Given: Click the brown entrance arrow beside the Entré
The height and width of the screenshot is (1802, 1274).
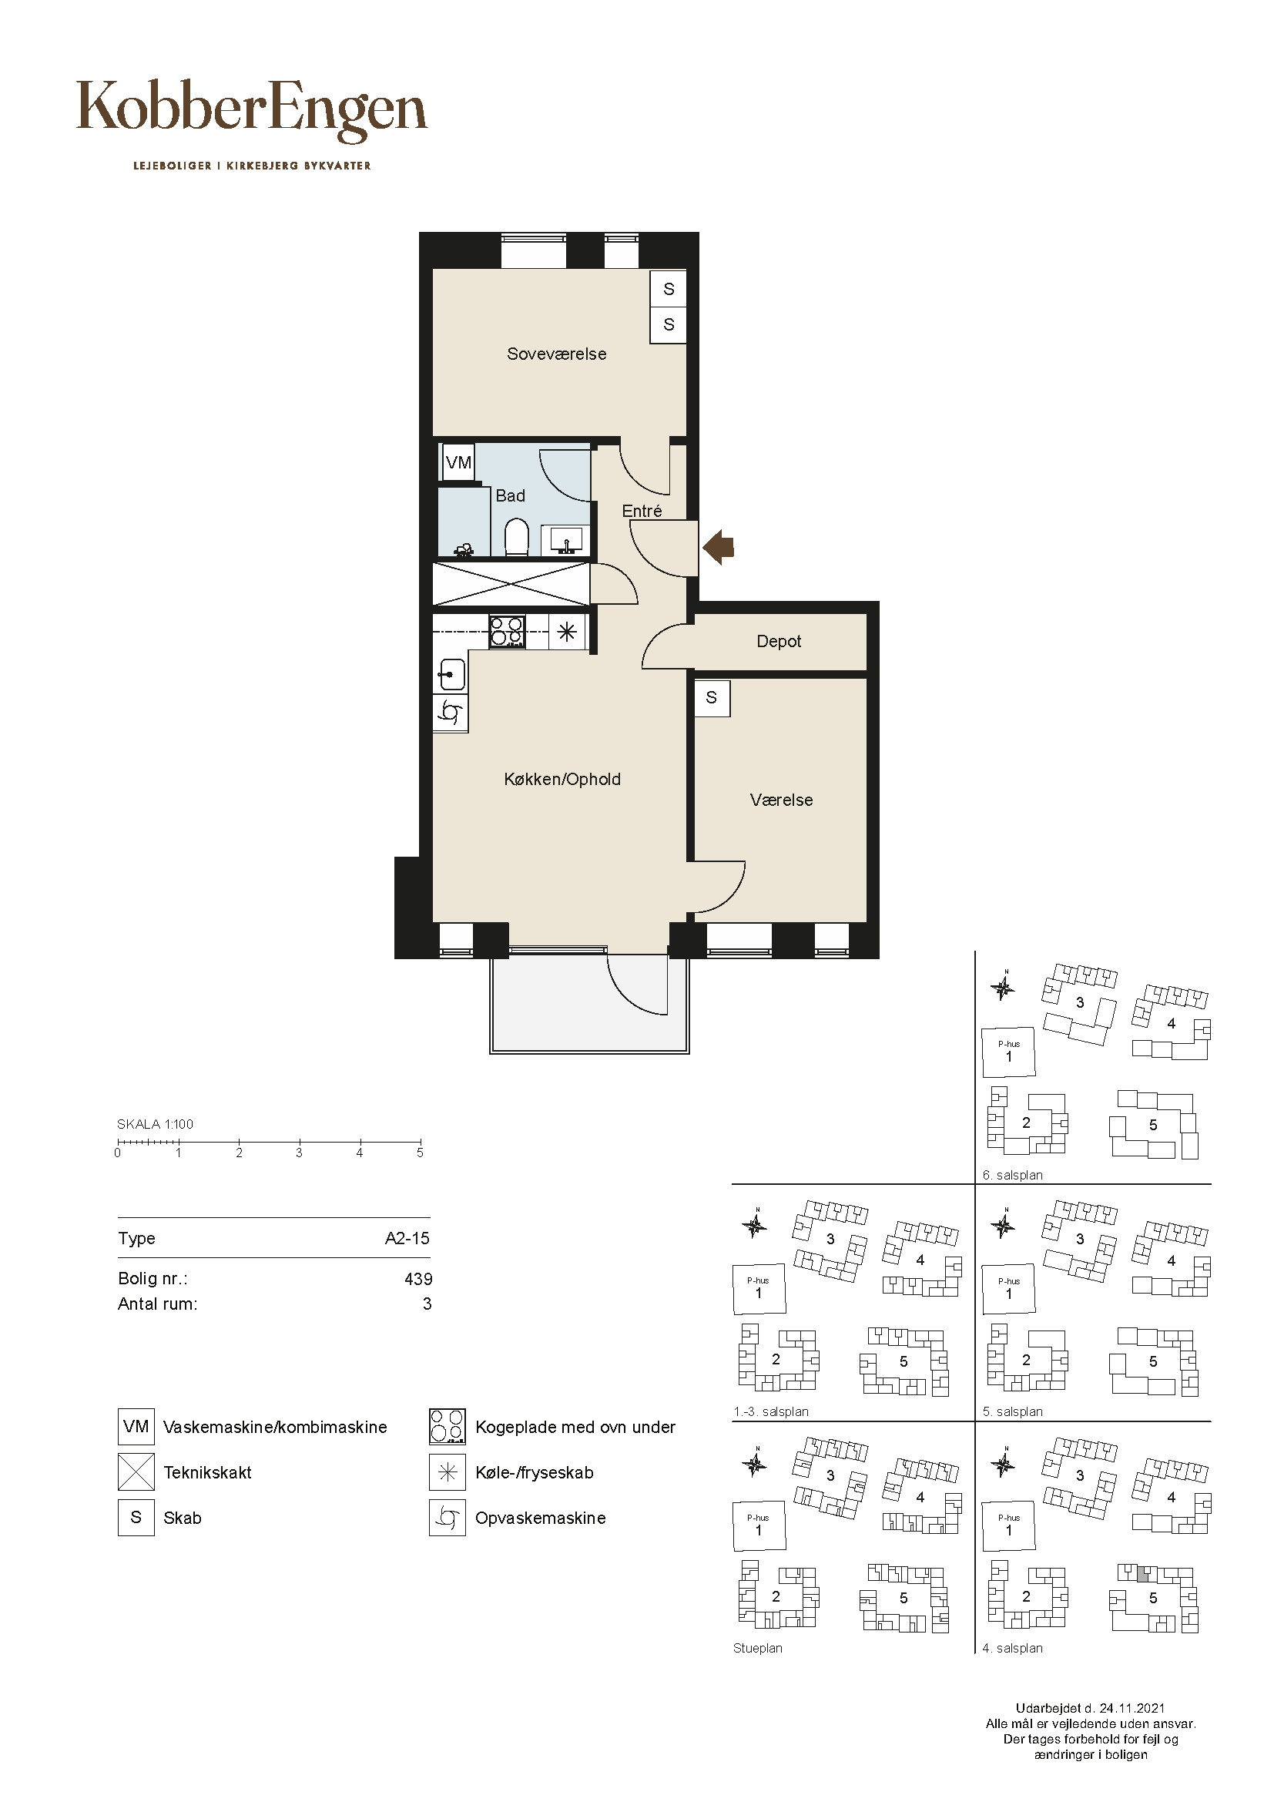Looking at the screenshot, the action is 717,547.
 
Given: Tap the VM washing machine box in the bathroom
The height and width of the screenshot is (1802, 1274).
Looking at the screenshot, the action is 458,462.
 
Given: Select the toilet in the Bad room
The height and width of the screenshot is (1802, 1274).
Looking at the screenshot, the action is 516,537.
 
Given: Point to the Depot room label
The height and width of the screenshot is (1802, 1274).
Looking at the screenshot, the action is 778,641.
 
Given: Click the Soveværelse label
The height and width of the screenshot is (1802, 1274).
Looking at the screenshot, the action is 556,354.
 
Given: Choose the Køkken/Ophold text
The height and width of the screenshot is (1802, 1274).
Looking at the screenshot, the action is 562,780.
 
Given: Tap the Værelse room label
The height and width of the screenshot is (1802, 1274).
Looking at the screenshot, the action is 781,800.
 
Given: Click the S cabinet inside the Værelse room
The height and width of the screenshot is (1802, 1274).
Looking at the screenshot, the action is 712,698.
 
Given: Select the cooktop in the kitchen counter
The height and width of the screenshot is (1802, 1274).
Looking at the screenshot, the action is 507,632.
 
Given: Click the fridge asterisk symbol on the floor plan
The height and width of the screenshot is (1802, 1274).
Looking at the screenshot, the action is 567,631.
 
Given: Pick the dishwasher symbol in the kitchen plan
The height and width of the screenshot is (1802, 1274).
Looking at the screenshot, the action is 451,713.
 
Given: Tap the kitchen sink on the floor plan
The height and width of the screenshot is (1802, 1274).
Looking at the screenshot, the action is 451,673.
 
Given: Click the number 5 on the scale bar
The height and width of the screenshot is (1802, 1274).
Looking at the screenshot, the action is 420,1153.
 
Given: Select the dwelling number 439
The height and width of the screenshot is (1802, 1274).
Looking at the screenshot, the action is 418,1280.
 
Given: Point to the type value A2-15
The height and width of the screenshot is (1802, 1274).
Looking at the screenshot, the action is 407,1239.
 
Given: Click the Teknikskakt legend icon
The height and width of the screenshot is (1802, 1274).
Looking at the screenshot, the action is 136,1472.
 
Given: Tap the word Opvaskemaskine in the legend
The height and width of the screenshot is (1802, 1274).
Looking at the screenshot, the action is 541,1518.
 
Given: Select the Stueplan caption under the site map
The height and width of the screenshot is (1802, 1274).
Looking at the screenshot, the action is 758,1649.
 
